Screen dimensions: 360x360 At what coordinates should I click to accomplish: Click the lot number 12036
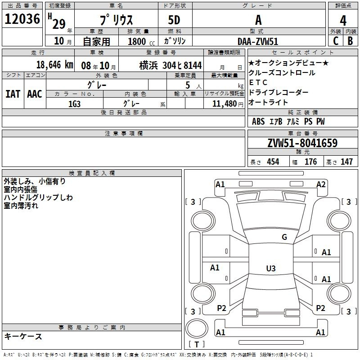22,19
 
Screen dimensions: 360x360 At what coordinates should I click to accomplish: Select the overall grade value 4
343,21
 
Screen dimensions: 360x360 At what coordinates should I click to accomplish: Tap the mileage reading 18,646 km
55,65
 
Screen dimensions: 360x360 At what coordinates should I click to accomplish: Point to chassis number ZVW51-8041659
302,143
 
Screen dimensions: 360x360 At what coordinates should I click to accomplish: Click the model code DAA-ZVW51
258,41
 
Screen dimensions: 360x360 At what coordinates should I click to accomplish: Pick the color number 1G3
74,104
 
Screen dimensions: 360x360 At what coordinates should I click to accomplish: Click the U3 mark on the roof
271,268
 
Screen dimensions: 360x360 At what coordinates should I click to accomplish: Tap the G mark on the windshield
284,237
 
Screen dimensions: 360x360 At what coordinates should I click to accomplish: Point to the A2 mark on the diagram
321,184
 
